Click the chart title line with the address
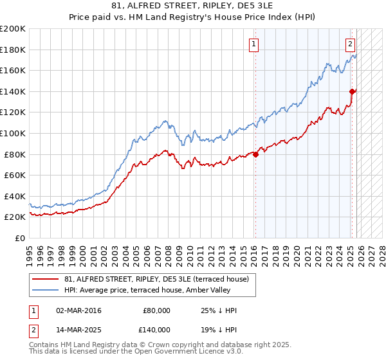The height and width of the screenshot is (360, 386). pos(192,7)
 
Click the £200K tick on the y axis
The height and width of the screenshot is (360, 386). pos(13,29)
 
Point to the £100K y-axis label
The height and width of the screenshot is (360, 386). pos(13,133)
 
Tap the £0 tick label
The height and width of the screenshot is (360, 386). pos(19,238)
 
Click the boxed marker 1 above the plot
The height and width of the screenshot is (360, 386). pos(254,44)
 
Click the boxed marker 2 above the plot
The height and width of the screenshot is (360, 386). pos(350,44)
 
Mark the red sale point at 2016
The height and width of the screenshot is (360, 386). pos(255,154)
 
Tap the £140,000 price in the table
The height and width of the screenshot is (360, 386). pos(156,328)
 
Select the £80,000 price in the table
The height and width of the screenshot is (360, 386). pos(156,310)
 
